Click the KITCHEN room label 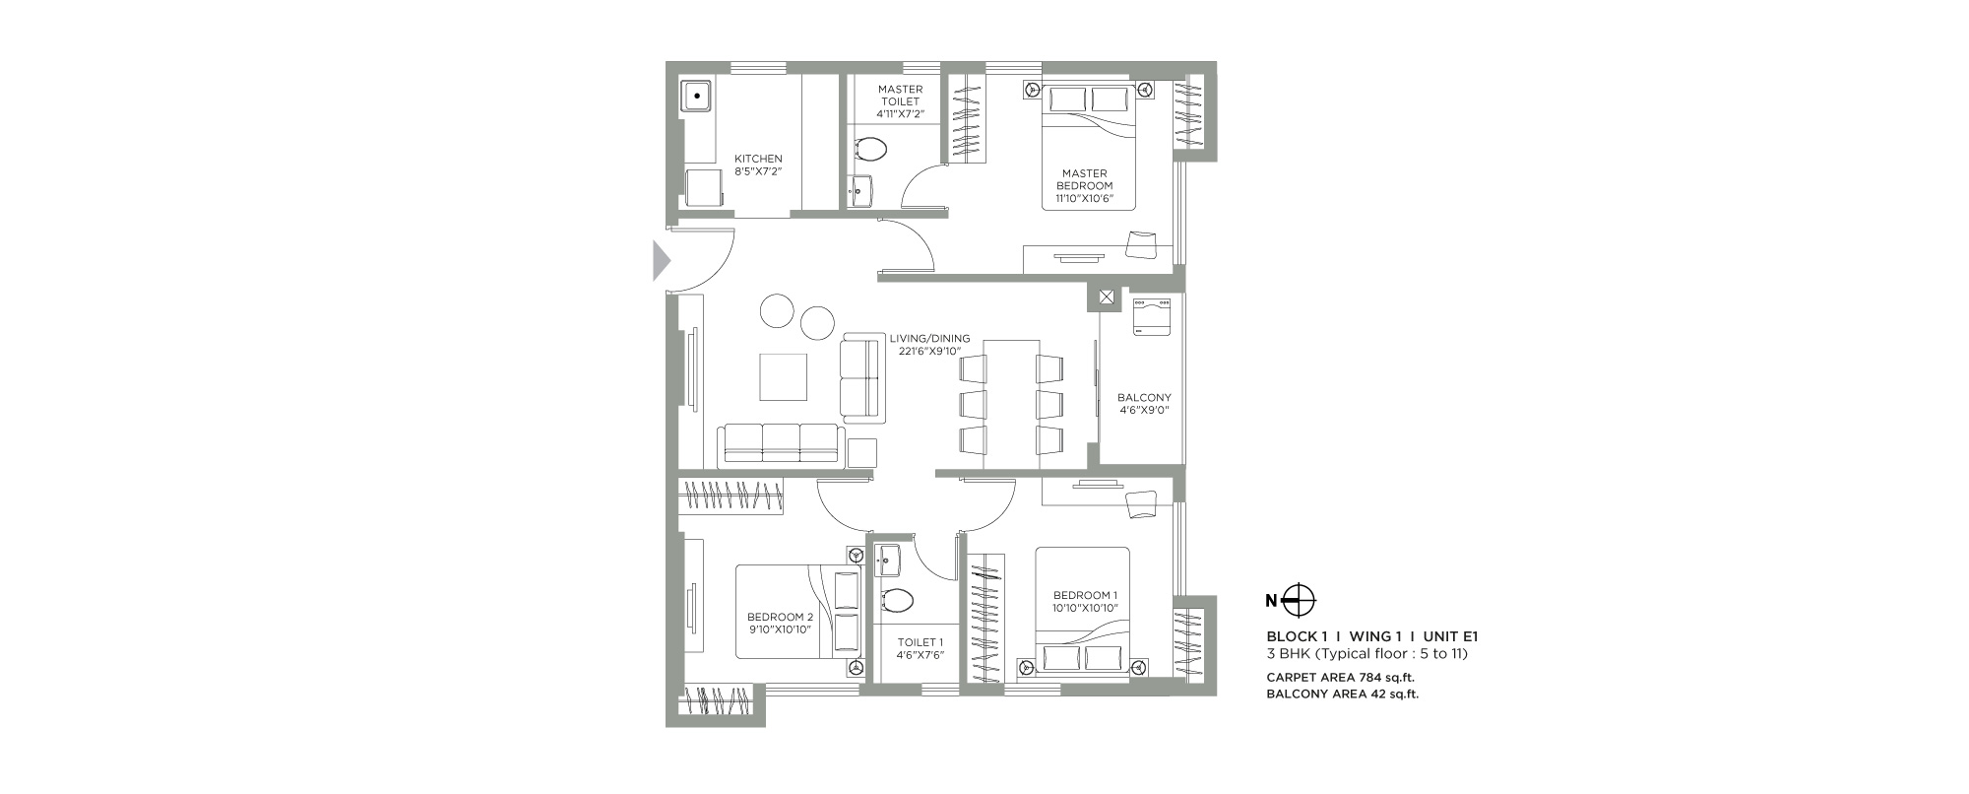pyautogui.click(x=758, y=159)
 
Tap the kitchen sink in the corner pyautogui.click(x=696, y=97)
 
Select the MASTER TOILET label pyautogui.click(x=900, y=96)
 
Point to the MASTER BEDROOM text pyautogui.click(x=1084, y=179)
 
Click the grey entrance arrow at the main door pyautogui.click(x=662, y=261)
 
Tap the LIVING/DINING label pyautogui.click(x=929, y=338)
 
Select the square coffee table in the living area pyautogui.click(x=783, y=376)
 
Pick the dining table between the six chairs pyautogui.click(x=1011, y=404)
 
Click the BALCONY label pyautogui.click(x=1144, y=398)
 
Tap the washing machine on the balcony pyautogui.click(x=1151, y=317)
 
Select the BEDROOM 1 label pyautogui.click(x=1085, y=595)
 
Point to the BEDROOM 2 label pyautogui.click(x=779, y=617)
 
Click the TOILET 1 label pyautogui.click(x=920, y=642)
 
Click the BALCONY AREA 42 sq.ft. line pyautogui.click(x=1342, y=695)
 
